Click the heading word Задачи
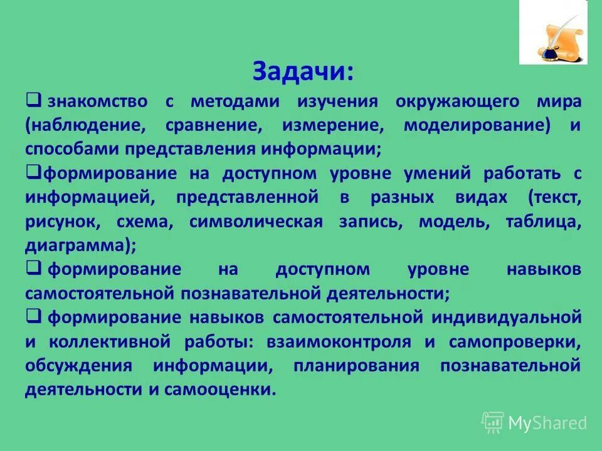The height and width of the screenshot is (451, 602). (x=303, y=71)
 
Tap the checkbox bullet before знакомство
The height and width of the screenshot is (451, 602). (x=34, y=100)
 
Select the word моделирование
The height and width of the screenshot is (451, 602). (x=477, y=125)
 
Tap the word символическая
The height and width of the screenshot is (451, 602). (x=256, y=222)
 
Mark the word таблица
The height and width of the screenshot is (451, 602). (x=544, y=222)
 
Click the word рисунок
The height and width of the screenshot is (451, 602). (x=61, y=222)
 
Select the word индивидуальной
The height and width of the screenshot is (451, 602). (x=506, y=317)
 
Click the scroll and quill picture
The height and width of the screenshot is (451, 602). (x=553, y=32)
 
